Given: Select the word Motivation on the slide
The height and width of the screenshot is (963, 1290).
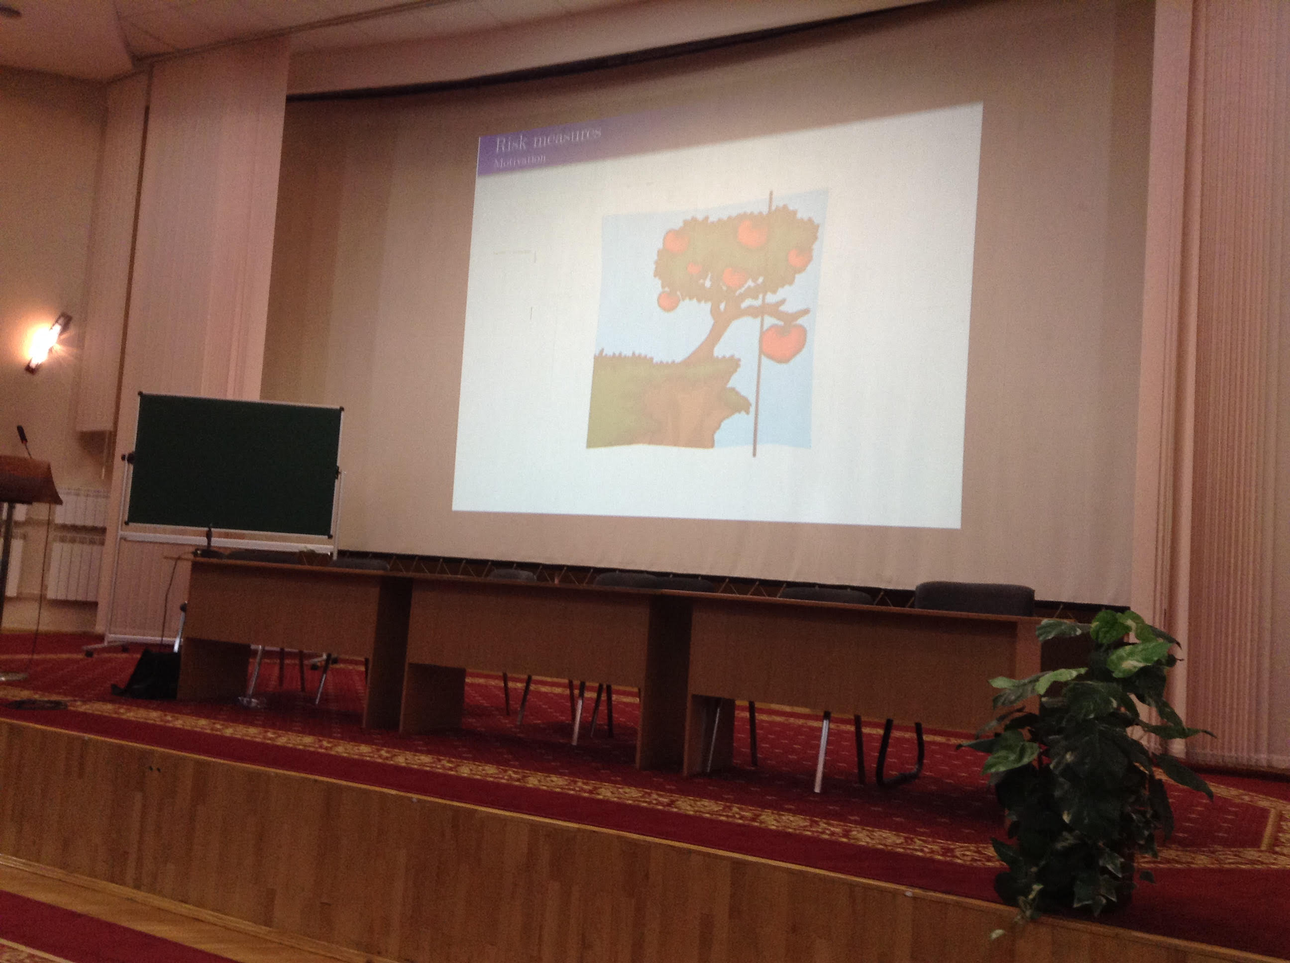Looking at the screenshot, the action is point(520,161).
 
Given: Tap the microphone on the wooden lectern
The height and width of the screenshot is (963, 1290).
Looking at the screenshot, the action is point(24,440).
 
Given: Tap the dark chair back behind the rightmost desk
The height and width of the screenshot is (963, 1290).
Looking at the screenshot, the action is point(974,599).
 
